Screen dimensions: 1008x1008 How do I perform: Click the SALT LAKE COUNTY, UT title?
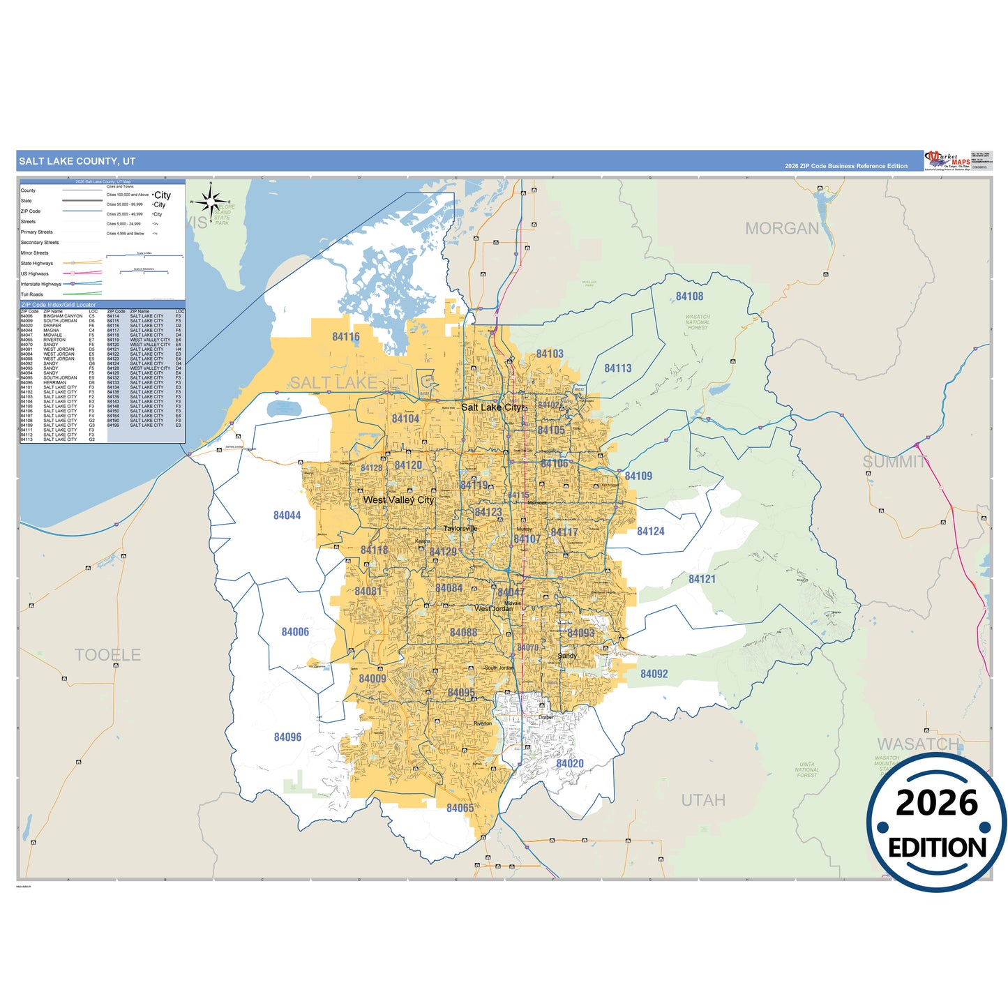(x=77, y=161)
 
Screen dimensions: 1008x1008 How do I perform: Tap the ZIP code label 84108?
(x=689, y=296)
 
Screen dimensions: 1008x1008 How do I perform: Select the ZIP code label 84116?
(x=346, y=337)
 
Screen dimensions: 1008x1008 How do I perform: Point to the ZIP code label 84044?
(x=287, y=516)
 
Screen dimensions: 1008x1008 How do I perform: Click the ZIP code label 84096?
(x=287, y=737)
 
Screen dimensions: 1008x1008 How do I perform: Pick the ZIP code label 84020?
(x=570, y=763)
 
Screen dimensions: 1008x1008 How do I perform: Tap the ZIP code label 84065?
(x=460, y=808)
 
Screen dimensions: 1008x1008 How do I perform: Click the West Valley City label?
(x=398, y=500)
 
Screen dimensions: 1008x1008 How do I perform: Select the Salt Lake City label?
(x=492, y=407)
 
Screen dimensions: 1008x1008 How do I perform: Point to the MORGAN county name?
(x=781, y=228)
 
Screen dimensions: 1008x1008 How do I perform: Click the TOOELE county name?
(x=107, y=655)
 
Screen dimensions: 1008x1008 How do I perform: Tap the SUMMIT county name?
(x=894, y=462)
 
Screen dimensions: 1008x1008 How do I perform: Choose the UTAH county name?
(x=703, y=800)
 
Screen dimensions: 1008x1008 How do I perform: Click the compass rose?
(x=210, y=202)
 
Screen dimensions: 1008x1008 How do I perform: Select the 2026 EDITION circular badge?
(x=937, y=824)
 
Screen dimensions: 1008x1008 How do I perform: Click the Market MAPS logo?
(x=947, y=160)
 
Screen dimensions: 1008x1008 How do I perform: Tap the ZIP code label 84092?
(x=654, y=674)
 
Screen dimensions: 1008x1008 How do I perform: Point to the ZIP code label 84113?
(x=617, y=368)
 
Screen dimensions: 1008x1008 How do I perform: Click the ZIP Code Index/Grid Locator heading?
(x=59, y=305)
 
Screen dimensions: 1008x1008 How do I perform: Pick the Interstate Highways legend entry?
(x=41, y=284)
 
